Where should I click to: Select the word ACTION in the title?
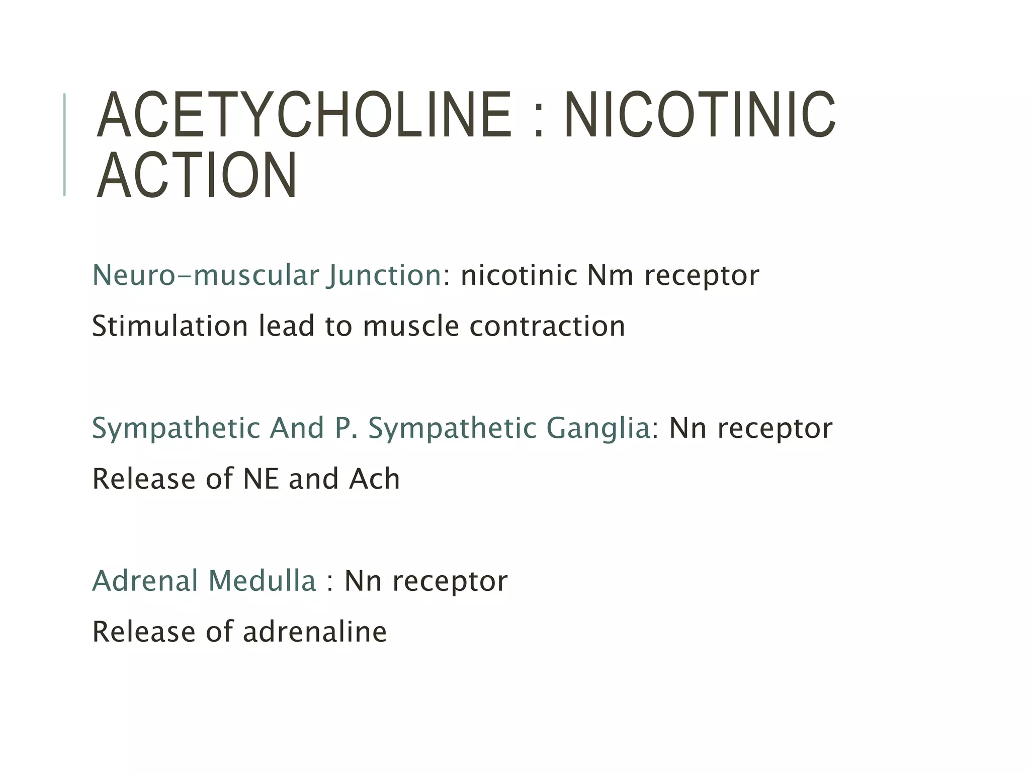[197, 176]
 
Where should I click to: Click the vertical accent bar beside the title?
[64, 144]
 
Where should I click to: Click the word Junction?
[384, 276]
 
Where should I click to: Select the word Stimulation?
[170, 326]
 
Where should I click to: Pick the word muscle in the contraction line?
[410, 326]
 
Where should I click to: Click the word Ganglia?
[598, 428]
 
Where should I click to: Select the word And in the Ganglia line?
[297, 428]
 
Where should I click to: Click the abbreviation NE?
[261, 479]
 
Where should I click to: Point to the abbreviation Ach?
[375, 479]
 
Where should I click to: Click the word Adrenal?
[145, 581]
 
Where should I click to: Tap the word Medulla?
[262, 581]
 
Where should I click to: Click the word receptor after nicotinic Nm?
[702, 276]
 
